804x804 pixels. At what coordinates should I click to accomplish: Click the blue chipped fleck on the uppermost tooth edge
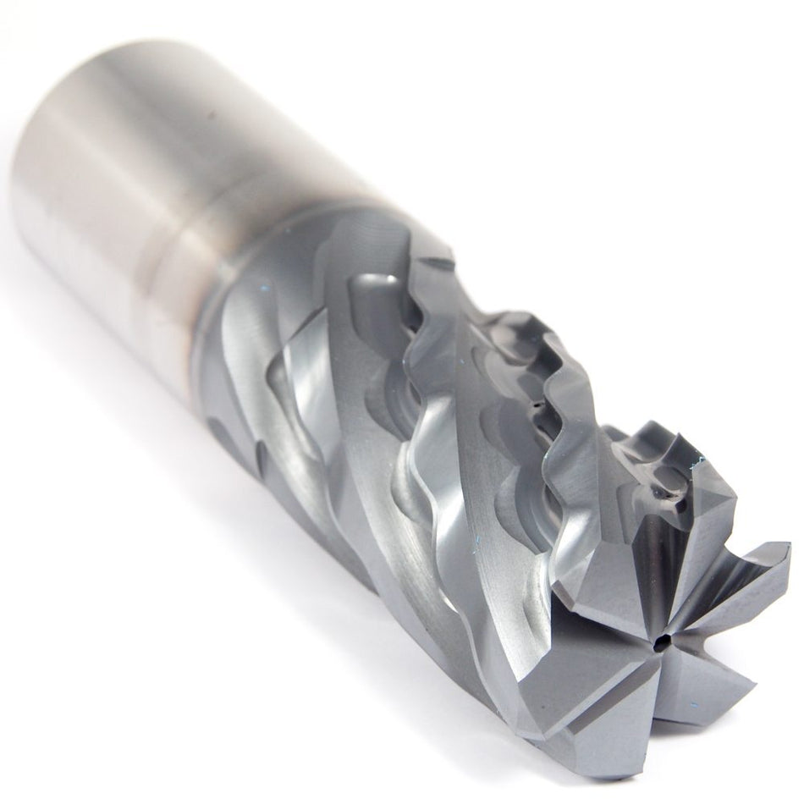(x=699, y=462)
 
